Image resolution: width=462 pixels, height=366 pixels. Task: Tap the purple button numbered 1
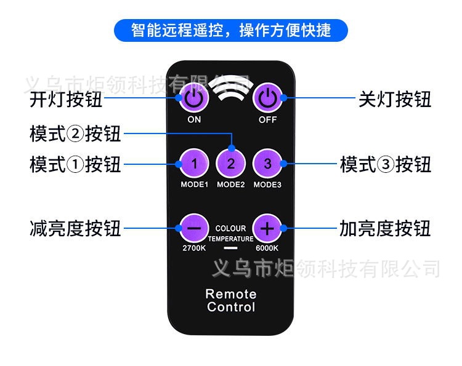point(194,164)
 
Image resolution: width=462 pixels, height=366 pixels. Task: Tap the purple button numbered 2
point(231,164)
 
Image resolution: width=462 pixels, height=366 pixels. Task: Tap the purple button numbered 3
point(267,164)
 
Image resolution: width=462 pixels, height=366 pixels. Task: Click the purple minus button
point(194,228)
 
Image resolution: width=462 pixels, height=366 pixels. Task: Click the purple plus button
point(267,228)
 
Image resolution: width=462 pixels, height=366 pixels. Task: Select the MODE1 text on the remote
point(194,185)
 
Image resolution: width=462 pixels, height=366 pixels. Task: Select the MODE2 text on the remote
point(231,185)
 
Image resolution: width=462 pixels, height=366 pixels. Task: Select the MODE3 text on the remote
point(267,185)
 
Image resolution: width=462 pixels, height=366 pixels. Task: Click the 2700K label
point(194,248)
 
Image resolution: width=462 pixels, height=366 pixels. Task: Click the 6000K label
point(267,248)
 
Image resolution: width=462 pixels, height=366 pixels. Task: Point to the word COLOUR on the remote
point(230,228)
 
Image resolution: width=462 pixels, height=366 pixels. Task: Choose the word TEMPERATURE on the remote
point(230,239)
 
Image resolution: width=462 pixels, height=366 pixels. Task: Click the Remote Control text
point(231,300)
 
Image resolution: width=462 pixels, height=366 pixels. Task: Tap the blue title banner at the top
point(231,30)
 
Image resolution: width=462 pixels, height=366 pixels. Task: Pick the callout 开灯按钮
point(66,99)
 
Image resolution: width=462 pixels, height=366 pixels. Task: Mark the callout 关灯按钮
point(395,99)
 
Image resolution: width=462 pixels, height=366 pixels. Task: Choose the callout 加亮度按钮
point(386,228)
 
